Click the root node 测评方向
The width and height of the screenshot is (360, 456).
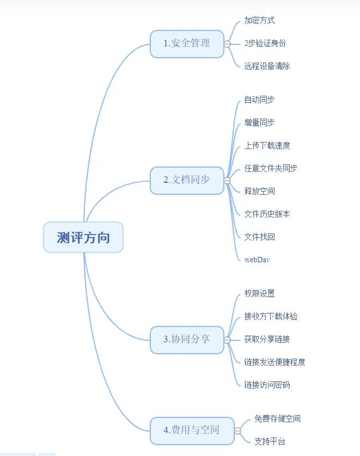coord(83,237)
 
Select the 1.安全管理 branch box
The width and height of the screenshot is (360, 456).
coord(187,44)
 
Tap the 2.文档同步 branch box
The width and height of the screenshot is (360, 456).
coord(187,180)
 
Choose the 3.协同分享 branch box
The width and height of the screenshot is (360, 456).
coord(187,340)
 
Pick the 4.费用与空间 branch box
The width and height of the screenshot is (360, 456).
coord(192,430)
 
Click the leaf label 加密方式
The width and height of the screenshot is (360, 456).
coord(259,21)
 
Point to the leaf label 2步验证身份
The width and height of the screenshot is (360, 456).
coord(265,44)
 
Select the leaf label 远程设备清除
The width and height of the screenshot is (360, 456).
coord(267,66)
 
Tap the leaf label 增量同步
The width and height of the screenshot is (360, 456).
coord(259,123)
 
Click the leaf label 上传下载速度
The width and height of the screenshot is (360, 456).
coord(267,146)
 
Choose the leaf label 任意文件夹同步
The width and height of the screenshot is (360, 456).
coord(271,169)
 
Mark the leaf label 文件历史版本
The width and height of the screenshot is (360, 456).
coord(267,214)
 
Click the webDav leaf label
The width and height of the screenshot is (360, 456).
coord(257,260)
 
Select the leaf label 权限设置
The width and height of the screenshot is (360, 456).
coord(259,294)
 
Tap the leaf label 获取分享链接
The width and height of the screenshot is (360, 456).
coord(267,340)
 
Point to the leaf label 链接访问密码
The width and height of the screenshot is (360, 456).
coord(267,385)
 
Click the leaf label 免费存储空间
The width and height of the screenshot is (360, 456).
coord(277,419)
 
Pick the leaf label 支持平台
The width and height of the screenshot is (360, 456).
coord(270,442)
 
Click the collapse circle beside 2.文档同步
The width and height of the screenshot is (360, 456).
coord(227,181)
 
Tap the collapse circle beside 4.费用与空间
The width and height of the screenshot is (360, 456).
coord(237,431)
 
